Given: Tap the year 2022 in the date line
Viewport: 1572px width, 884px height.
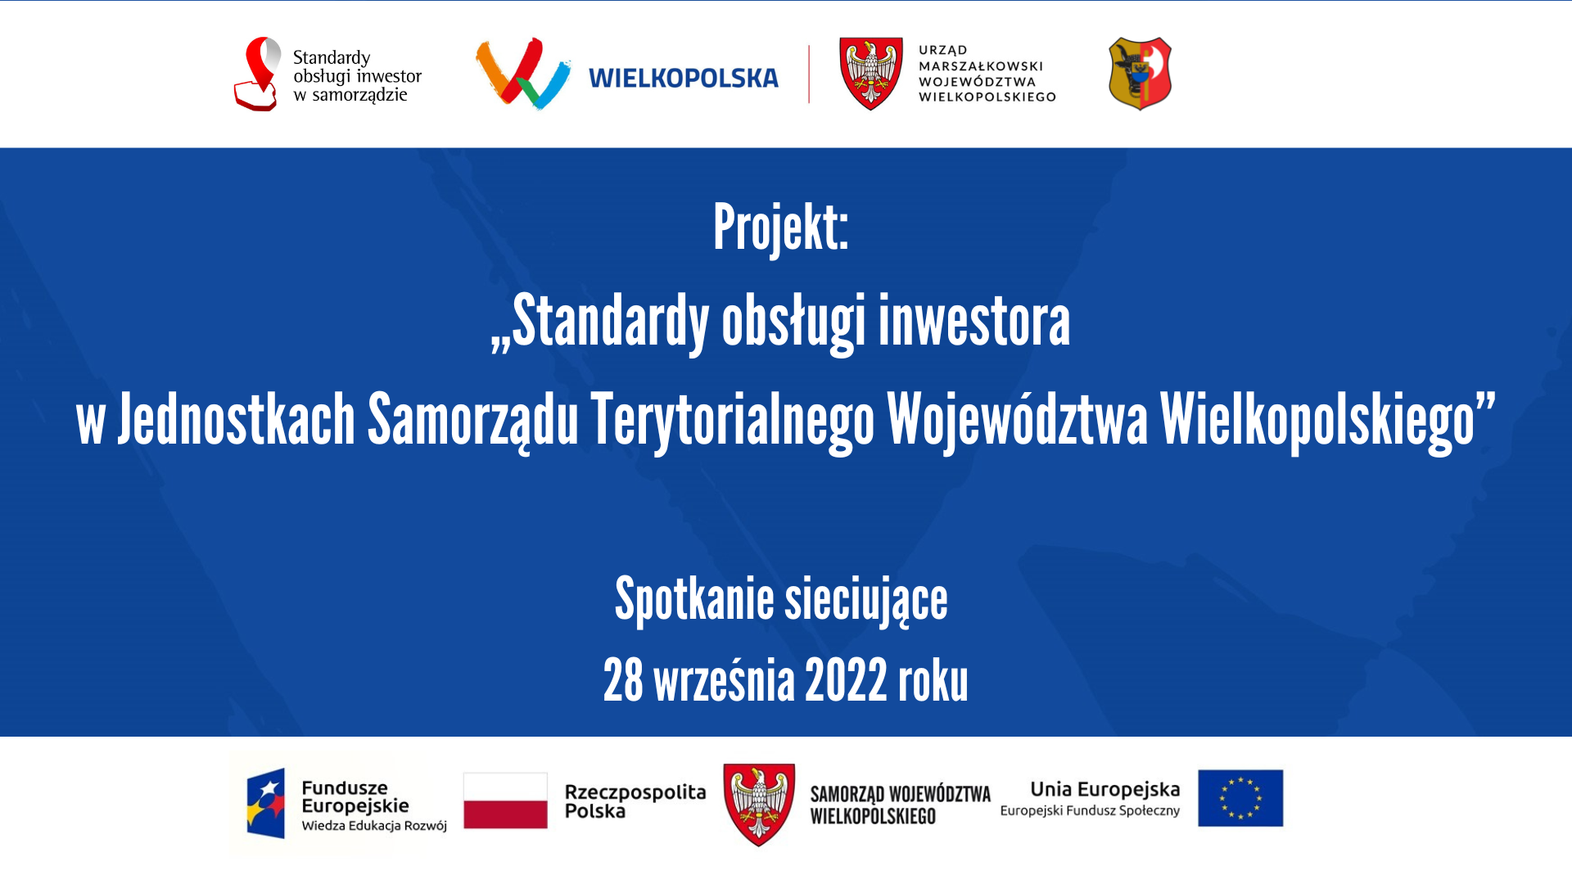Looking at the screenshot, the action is (x=846, y=680).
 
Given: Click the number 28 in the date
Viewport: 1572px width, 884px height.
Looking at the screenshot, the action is (x=623, y=680).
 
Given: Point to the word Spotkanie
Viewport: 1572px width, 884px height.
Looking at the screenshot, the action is (x=694, y=600).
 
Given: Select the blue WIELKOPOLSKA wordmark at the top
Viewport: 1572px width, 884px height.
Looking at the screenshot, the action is (x=684, y=78).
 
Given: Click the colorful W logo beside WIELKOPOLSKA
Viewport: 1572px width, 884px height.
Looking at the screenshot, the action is (x=523, y=73).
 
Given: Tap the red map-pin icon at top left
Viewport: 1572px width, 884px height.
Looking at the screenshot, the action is (x=259, y=74).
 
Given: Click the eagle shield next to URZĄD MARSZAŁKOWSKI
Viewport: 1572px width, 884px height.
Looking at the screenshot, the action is (x=871, y=74).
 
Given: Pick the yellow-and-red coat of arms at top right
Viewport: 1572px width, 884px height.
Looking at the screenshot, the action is (x=1140, y=74).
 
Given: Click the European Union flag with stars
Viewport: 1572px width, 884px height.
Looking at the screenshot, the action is (x=1240, y=798).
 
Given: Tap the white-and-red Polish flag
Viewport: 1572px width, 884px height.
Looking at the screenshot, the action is (x=505, y=801).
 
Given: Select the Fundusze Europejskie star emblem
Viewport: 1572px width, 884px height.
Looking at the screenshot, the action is (x=266, y=803).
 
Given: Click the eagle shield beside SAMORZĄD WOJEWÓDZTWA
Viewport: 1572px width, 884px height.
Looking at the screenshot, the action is (x=759, y=804).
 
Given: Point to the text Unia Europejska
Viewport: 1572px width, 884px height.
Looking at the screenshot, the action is (x=1105, y=789).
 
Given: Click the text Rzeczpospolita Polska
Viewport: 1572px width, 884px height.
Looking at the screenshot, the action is (x=635, y=801).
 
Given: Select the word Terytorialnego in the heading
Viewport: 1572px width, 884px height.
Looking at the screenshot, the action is (x=733, y=420).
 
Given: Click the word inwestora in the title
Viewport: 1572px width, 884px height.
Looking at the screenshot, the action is (x=974, y=321).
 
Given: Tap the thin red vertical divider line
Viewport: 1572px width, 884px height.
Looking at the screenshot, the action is (x=809, y=74).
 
